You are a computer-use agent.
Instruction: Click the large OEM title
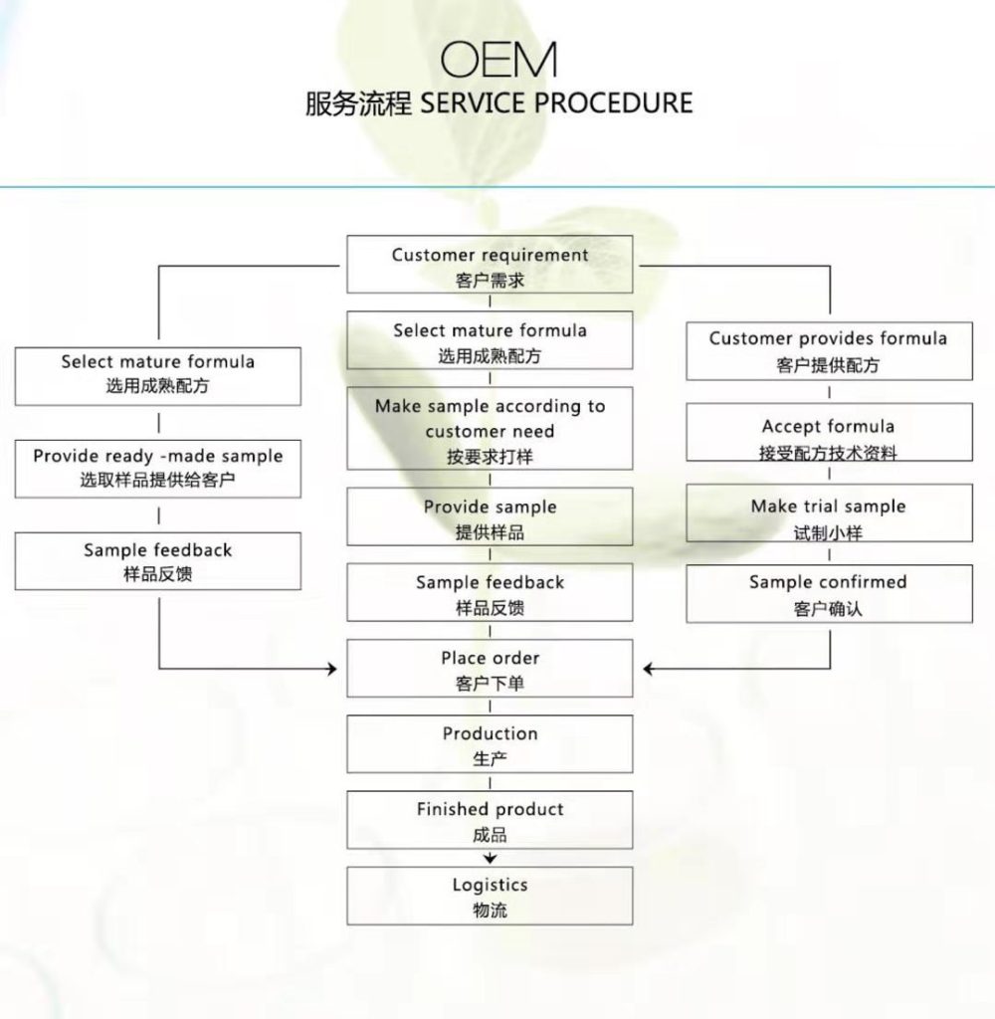click(x=498, y=60)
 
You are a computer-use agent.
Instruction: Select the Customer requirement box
click(x=490, y=265)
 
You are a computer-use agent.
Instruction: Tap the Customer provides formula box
click(x=829, y=351)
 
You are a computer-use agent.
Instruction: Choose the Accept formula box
click(x=829, y=432)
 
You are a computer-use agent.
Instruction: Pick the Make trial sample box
click(x=829, y=512)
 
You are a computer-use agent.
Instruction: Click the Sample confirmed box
click(x=829, y=593)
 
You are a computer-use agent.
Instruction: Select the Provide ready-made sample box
click(x=158, y=470)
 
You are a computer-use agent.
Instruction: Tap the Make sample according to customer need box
click(x=490, y=428)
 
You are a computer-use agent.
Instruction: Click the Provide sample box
click(x=490, y=516)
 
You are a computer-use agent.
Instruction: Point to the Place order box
click(x=490, y=668)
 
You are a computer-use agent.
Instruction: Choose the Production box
click(x=490, y=744)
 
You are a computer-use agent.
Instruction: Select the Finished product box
click(x=490, y=820)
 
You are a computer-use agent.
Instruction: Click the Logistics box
click(x=490, y=896)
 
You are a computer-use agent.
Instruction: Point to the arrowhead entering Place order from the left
click(x=332, y=668)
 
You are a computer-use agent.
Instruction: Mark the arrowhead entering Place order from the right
click(x=648, y=668)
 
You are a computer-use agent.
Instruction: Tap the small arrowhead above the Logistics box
click(x=490, y=859)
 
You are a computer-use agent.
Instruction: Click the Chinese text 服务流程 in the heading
click(x=358, y=103)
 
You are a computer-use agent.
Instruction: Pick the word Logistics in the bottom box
click(x=490, y=885)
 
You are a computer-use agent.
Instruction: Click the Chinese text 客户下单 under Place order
click(x=490, y=684)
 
